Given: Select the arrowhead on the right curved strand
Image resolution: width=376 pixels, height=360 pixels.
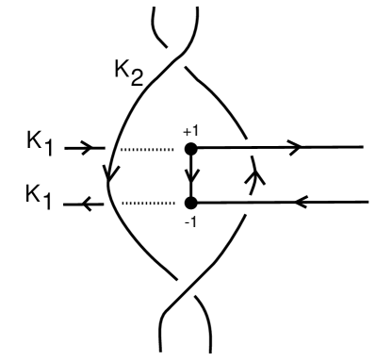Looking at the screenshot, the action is [251, 176].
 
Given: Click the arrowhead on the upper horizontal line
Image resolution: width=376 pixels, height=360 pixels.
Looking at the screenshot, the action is [295, 147].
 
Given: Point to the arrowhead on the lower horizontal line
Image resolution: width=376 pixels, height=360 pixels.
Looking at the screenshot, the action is [303, 201].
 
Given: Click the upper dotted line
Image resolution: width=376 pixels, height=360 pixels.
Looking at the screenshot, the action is [147, 148].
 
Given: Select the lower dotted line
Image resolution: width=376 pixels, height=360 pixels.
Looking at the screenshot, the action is [147, 202].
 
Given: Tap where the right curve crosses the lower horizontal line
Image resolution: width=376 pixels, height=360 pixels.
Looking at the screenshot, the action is [247, 202].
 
